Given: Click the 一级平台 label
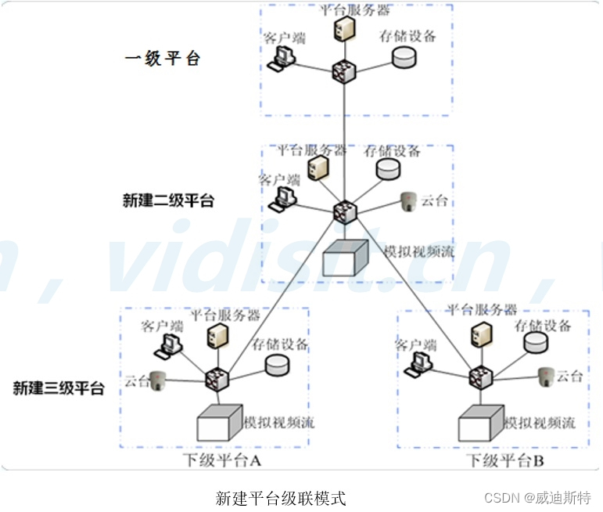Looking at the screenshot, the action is (162, 59).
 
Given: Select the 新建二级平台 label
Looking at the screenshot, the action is (168, 200).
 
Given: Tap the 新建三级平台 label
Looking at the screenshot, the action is (59, 388).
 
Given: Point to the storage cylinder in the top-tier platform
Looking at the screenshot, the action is (404, 56).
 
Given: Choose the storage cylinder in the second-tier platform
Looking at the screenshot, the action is (387, 168).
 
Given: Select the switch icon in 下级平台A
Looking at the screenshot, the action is (214, 380).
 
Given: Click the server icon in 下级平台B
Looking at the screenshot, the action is (477, 334).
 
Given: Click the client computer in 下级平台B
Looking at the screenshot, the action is (421, 359).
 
